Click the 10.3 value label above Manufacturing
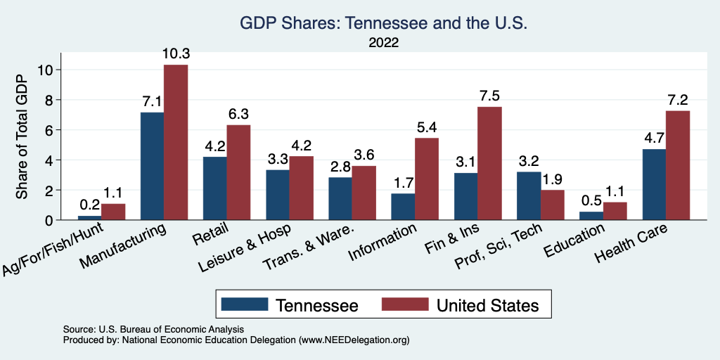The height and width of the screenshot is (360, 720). click(176, 53)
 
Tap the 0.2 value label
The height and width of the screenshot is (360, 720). click(89, 205)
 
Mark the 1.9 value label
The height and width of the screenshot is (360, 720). click(553, 179)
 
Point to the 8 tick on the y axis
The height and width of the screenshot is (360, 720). click(50, 100)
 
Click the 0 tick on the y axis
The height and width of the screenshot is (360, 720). click(50, 220)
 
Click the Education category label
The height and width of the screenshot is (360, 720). click(574, 240)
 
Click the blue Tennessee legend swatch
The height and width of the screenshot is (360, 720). click(245, 304)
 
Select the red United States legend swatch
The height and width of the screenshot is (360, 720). click(405, 304)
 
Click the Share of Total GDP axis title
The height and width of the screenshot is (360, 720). click(23, 136)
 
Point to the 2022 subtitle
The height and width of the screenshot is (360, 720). click(383, 43)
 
